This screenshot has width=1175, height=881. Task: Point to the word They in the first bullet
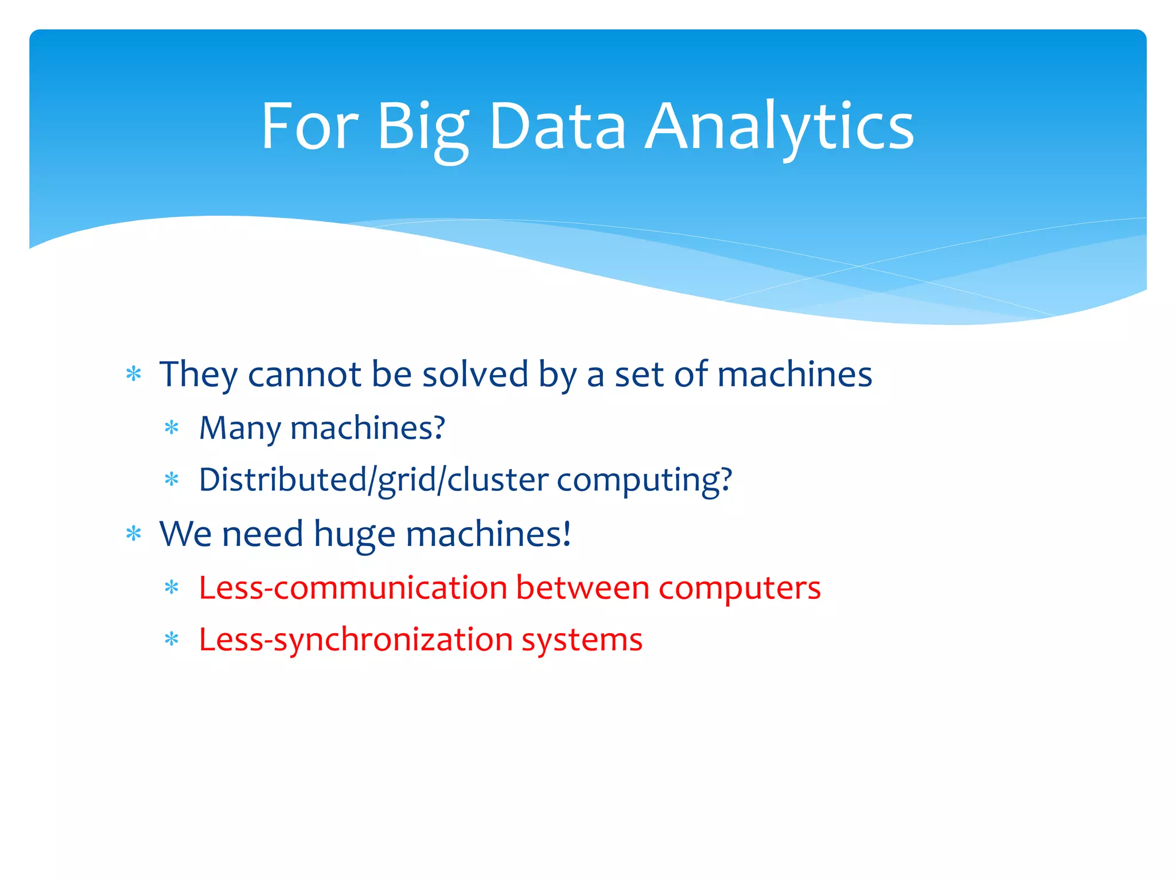(198, 375)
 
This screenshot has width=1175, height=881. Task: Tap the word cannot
(305, 375)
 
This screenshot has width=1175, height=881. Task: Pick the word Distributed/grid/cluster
(373, 480)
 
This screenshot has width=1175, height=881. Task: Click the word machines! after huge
(488, 534)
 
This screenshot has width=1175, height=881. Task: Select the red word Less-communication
(353, 588)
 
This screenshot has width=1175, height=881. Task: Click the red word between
(582, 588)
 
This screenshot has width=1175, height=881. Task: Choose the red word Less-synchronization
(356, 640)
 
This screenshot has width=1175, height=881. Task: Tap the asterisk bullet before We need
(134, 534)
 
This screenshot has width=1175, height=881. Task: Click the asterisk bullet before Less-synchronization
(172, 639)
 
